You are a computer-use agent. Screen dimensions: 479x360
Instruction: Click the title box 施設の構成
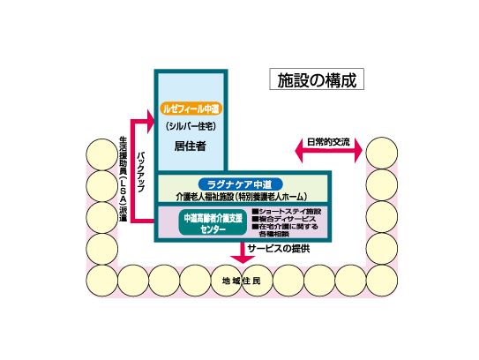coord(317,79)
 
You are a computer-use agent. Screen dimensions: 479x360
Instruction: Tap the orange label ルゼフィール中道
coord(191,109)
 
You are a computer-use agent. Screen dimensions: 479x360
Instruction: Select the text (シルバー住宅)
coord(191,126)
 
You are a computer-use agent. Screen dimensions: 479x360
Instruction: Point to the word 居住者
coord(191,146)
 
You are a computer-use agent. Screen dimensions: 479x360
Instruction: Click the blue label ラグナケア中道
coord(241,184)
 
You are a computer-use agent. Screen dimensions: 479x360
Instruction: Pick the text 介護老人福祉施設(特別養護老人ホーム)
coord(242,197)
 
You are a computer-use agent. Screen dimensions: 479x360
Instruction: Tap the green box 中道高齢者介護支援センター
coord(213,223)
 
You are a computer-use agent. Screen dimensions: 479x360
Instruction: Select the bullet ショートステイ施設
coord(286,212)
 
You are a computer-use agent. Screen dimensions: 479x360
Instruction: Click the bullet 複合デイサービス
coord(283,219)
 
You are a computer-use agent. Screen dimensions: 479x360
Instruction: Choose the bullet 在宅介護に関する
coord(285,227)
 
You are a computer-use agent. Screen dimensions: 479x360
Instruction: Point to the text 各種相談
coord(274,234)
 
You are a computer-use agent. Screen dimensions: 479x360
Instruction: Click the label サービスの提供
coord(279,249)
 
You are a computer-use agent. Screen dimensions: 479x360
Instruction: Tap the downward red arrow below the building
coord(243,252)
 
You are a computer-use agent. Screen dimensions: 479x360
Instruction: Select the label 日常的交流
coord(328,142)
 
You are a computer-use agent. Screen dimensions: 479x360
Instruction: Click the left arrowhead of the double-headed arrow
coord(299,151)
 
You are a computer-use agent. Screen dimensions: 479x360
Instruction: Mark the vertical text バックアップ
coord(140,171)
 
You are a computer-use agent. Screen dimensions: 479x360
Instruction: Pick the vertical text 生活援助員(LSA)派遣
coord(123,179)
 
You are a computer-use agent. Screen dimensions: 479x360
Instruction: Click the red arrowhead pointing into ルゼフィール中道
coord(151,122)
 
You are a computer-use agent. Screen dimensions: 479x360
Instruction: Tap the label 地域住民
coord(242,281)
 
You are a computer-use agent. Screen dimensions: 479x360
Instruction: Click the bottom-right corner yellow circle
coord(382,281)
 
